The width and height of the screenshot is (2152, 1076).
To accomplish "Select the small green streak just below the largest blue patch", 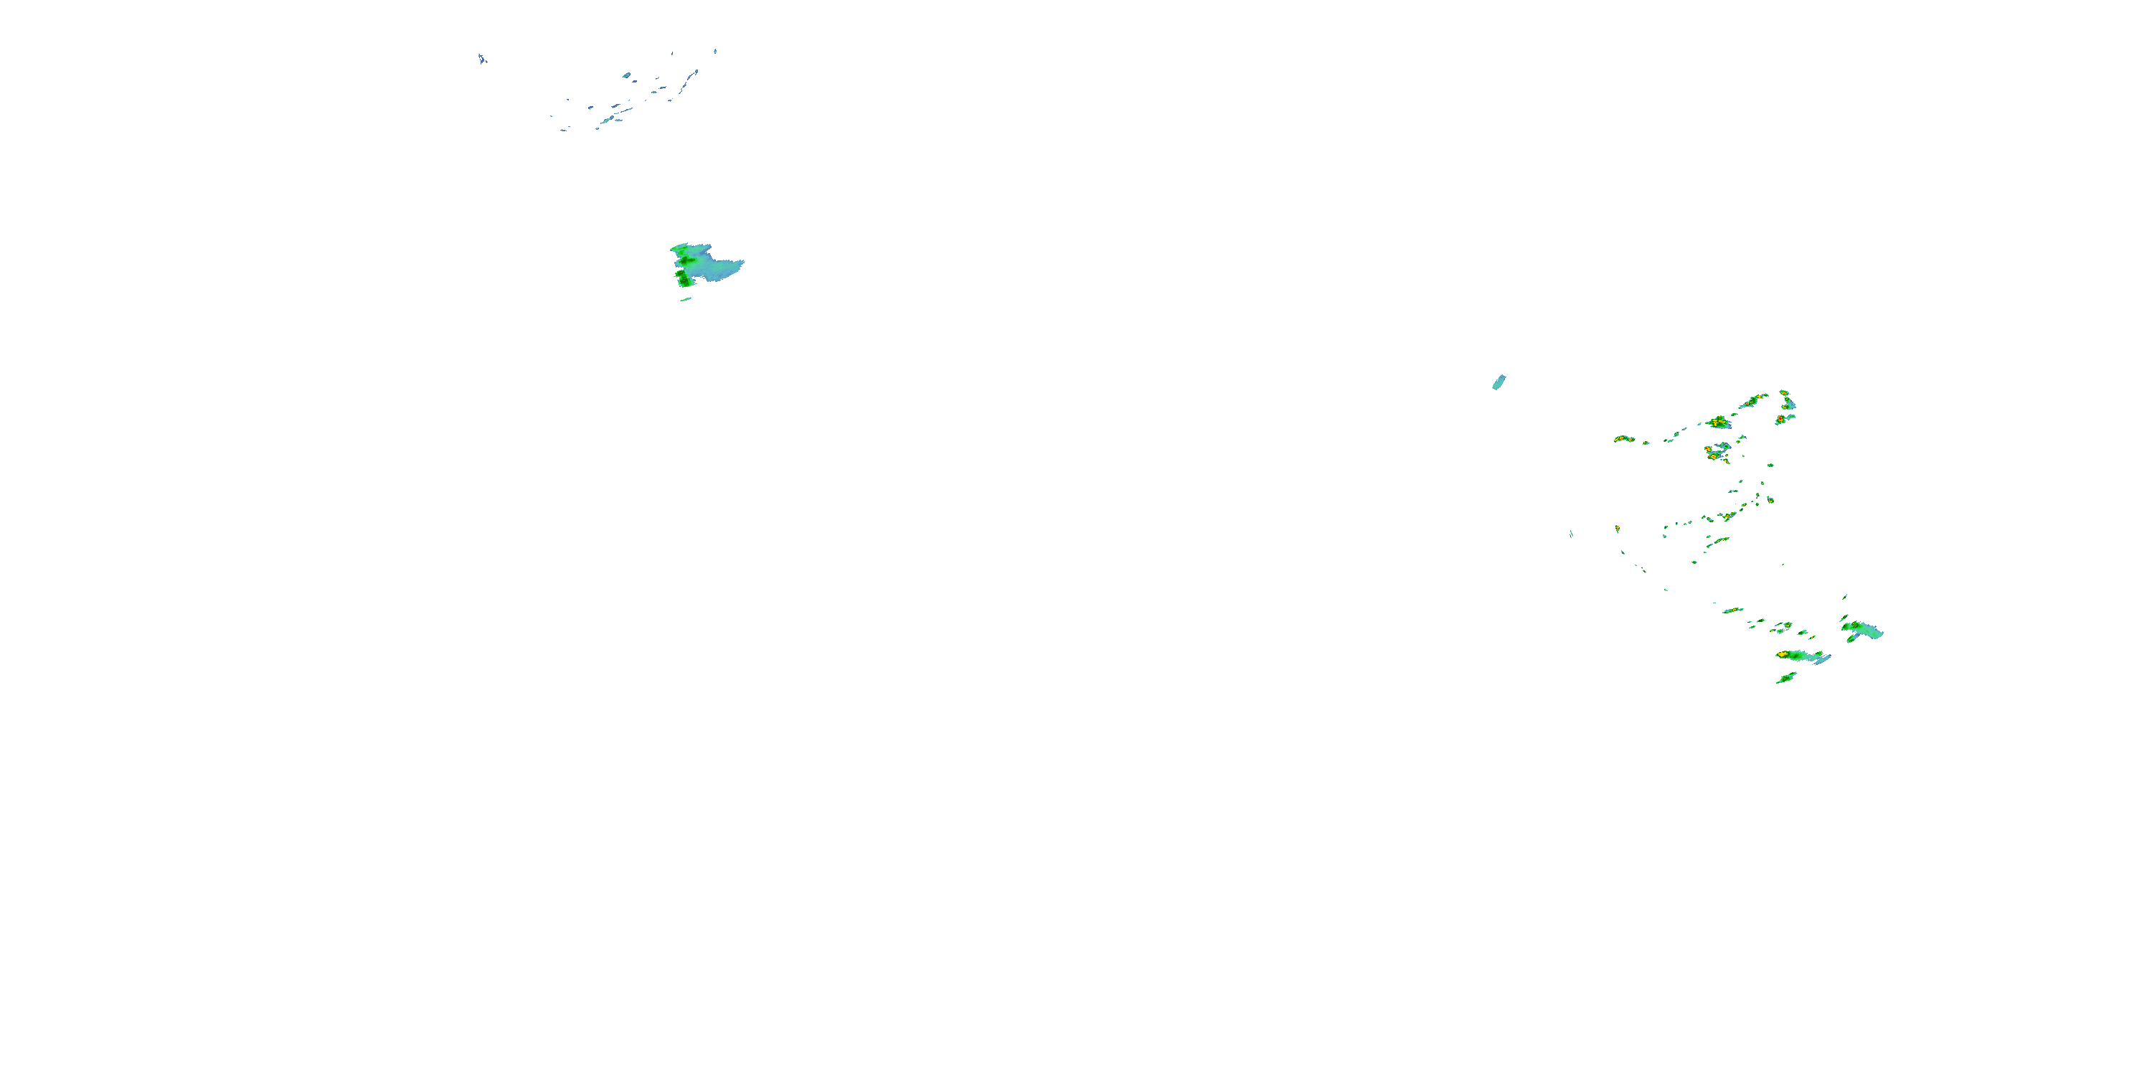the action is click(x=686, y=299).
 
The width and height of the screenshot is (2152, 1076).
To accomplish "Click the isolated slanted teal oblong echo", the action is click(x=1499, y=382).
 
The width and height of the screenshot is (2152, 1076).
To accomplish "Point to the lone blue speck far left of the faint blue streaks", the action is click(x=482, y=59).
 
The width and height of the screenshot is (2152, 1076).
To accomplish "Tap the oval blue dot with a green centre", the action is click(x=626, y=75).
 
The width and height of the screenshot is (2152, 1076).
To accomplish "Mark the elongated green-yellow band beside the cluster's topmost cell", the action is click(x=1752, y=400).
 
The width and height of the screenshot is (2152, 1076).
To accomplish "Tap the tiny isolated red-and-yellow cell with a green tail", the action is click(x=1618, y=529).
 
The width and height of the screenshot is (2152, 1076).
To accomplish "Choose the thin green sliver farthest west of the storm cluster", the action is click(x=1572, y=534).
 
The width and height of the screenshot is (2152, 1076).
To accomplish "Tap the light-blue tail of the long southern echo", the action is click(x=1822, y=659).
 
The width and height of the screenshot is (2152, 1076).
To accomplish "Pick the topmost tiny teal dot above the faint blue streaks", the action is click(x=715, y=51).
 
